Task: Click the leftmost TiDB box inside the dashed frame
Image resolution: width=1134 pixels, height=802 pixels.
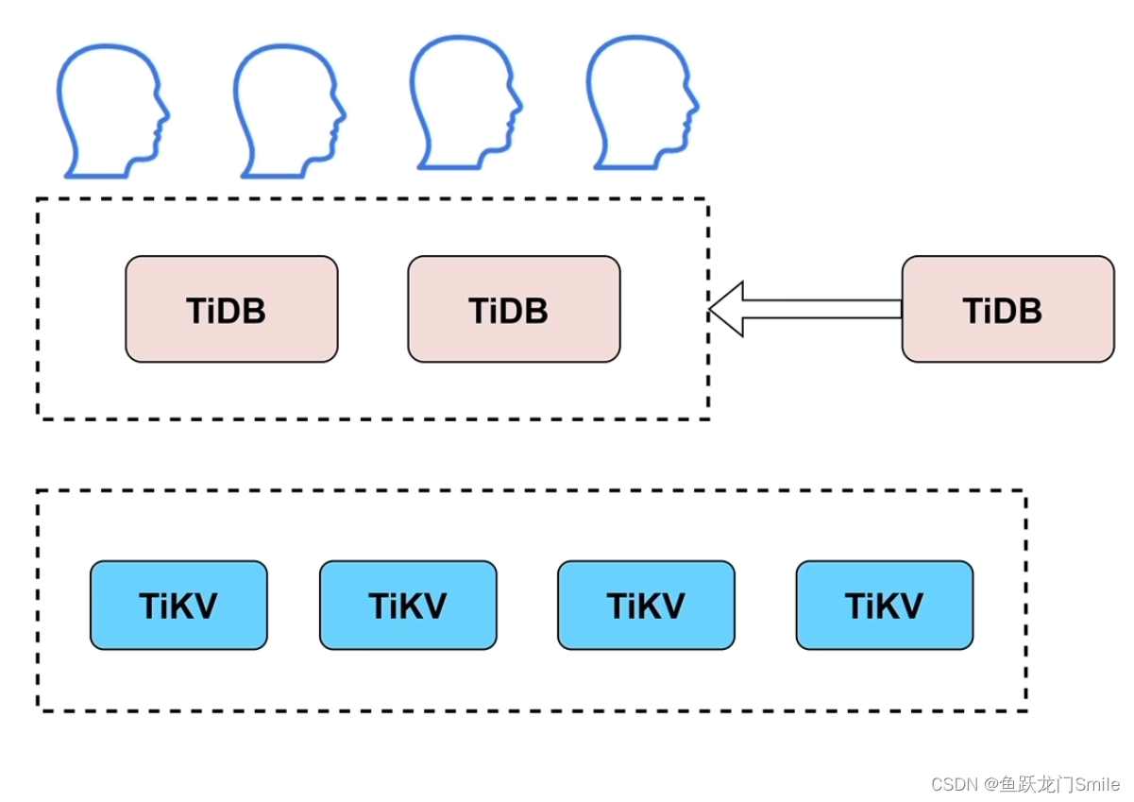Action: tap(231, 309)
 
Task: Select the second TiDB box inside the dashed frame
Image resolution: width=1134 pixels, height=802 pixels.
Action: tap(514, 309)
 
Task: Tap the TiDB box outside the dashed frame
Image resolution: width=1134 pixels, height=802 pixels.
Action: tap(1007, 309)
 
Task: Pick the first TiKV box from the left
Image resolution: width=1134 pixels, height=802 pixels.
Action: tap(178, 606)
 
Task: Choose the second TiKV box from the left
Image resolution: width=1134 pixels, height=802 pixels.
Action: tap(408, 606)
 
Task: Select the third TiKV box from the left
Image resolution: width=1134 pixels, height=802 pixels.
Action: tap(646, 606)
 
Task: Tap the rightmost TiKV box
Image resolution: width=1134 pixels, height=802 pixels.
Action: tap(884, 606)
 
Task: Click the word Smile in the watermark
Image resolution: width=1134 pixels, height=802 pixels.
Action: tap(1097, 785)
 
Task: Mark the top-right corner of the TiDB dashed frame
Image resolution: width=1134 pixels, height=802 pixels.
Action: tap(707, 199)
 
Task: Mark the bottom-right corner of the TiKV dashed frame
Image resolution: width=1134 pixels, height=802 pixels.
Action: tap(1024, 709)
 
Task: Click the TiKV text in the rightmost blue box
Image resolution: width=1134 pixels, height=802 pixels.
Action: tap(884, 606)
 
